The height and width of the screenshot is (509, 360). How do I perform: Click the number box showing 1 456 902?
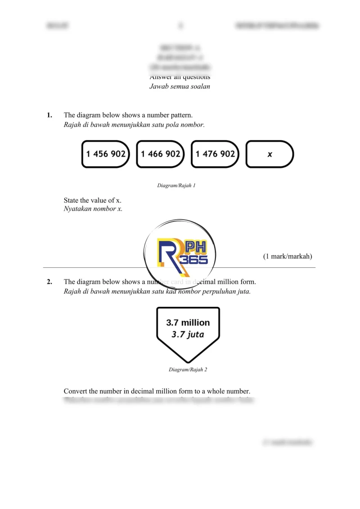[x=106, y=154]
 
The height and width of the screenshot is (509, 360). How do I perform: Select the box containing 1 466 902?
[x=161, y=154]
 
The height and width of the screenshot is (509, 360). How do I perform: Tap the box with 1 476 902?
[x=215, y=154]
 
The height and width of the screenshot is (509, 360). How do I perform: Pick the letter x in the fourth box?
[x=270, y=154]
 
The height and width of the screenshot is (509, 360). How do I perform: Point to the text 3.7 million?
[x=188, y=323]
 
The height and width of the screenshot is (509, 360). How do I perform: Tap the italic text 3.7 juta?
[x=188, y=334]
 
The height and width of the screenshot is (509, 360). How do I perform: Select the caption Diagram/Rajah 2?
[x=188, y=369]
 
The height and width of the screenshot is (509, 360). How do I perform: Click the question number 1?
[x=49, y=115]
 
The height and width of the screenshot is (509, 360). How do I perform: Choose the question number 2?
[x=49, y=282]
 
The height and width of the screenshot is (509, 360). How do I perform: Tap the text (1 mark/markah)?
[x=288, y=257]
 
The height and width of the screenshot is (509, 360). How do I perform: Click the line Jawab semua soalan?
[x=180, y=86]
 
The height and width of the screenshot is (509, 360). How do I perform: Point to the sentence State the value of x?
[x=93, y=200]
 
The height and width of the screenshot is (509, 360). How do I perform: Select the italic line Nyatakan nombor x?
[x=93, y=209]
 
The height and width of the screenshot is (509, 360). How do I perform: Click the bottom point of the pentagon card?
[x=188, y=362]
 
